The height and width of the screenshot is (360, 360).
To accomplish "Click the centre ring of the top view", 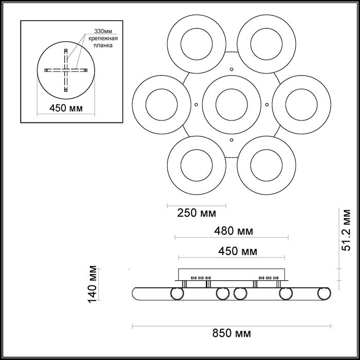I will (231, 101).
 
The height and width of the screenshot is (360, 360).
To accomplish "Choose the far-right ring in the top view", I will (301, 101).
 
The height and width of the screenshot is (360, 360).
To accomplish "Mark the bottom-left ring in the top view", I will (196, 161).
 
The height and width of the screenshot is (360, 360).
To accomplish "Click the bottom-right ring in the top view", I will (266, 161).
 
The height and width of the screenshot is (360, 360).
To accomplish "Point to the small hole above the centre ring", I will (231, 69).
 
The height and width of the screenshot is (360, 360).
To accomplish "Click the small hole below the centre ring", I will (231, 139).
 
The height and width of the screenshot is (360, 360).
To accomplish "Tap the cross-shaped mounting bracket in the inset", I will (66, 70).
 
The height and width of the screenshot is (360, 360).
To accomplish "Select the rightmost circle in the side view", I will (324, 294).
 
